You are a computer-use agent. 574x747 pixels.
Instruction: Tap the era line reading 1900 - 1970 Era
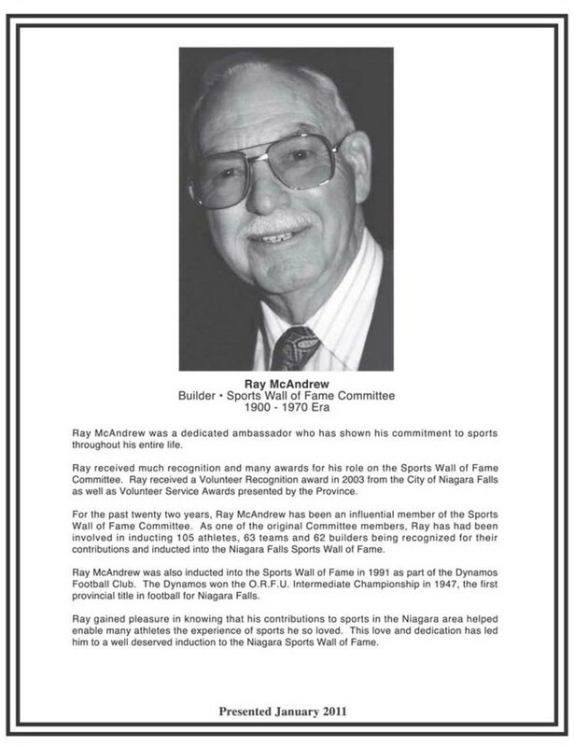click(x=287, y=409)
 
